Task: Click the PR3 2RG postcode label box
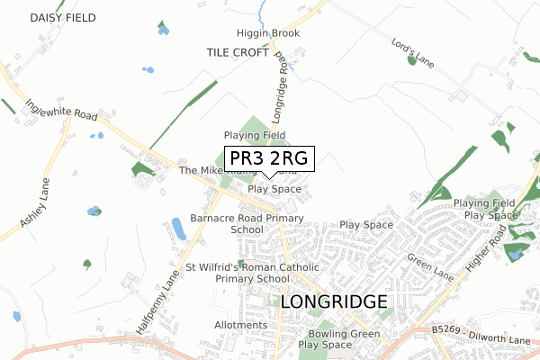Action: click(x=269, y=159)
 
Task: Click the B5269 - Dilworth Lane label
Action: click(x=480, y=336)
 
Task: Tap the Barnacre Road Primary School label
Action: click(x=247, y=223)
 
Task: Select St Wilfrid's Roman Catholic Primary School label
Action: click(x=252, y=273)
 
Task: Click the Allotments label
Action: click(x=241, y=325)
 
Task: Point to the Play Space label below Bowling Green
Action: click(x=325, y=345)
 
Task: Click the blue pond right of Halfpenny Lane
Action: click(x=178, y=229)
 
